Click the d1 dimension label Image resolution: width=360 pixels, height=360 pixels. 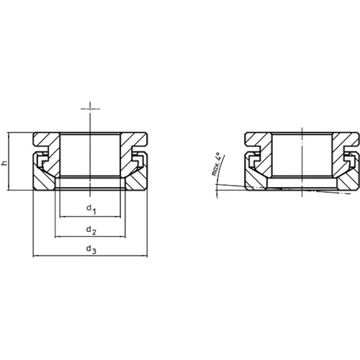point(91,210)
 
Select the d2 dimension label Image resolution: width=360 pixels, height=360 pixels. point(91,230)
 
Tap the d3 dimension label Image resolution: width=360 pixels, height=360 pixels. point(91,249)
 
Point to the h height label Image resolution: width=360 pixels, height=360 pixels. point(5,163)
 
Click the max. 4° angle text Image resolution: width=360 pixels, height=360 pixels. point(216,164)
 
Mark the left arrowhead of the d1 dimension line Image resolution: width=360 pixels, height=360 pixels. point(61,217)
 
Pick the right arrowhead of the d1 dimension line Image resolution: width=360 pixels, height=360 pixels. point(119,217)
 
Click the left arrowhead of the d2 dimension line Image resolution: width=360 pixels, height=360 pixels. point(57,236)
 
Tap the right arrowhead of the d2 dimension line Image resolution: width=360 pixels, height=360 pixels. point(124,236)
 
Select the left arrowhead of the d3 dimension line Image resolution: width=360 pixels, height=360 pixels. point(35,255)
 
